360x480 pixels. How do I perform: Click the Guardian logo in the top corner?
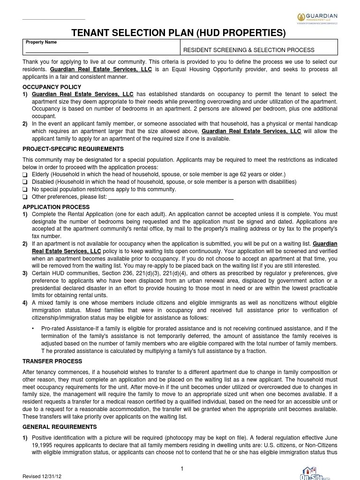pos(317,18)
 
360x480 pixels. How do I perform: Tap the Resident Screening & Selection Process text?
pos(248,50)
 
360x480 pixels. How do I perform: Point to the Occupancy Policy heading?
pos(52,87)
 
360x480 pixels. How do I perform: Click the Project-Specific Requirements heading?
pos(73,149)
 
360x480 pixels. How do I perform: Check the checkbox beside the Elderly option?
pos(25,175)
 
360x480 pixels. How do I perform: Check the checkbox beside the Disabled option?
pos(25,182)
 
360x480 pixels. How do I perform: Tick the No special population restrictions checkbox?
pos(25,190)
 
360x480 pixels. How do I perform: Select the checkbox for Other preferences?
pos(25,197)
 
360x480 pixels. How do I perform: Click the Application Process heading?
pos(56,207)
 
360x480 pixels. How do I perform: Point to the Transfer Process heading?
pos(52,361)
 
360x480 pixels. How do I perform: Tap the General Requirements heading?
pos(60,427)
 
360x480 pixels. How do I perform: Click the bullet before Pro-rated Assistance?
pos(33,329)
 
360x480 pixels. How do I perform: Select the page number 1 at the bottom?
pos(182,469)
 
